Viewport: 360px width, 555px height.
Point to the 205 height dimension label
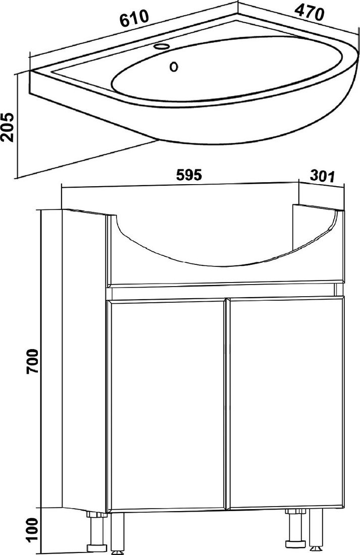(8, 128)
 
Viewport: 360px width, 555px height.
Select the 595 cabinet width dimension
(189, 175)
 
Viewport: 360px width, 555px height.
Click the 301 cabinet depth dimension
(322, 176)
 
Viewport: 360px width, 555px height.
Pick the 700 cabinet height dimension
(33, 361)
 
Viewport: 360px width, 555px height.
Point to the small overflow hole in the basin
(174, 66)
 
